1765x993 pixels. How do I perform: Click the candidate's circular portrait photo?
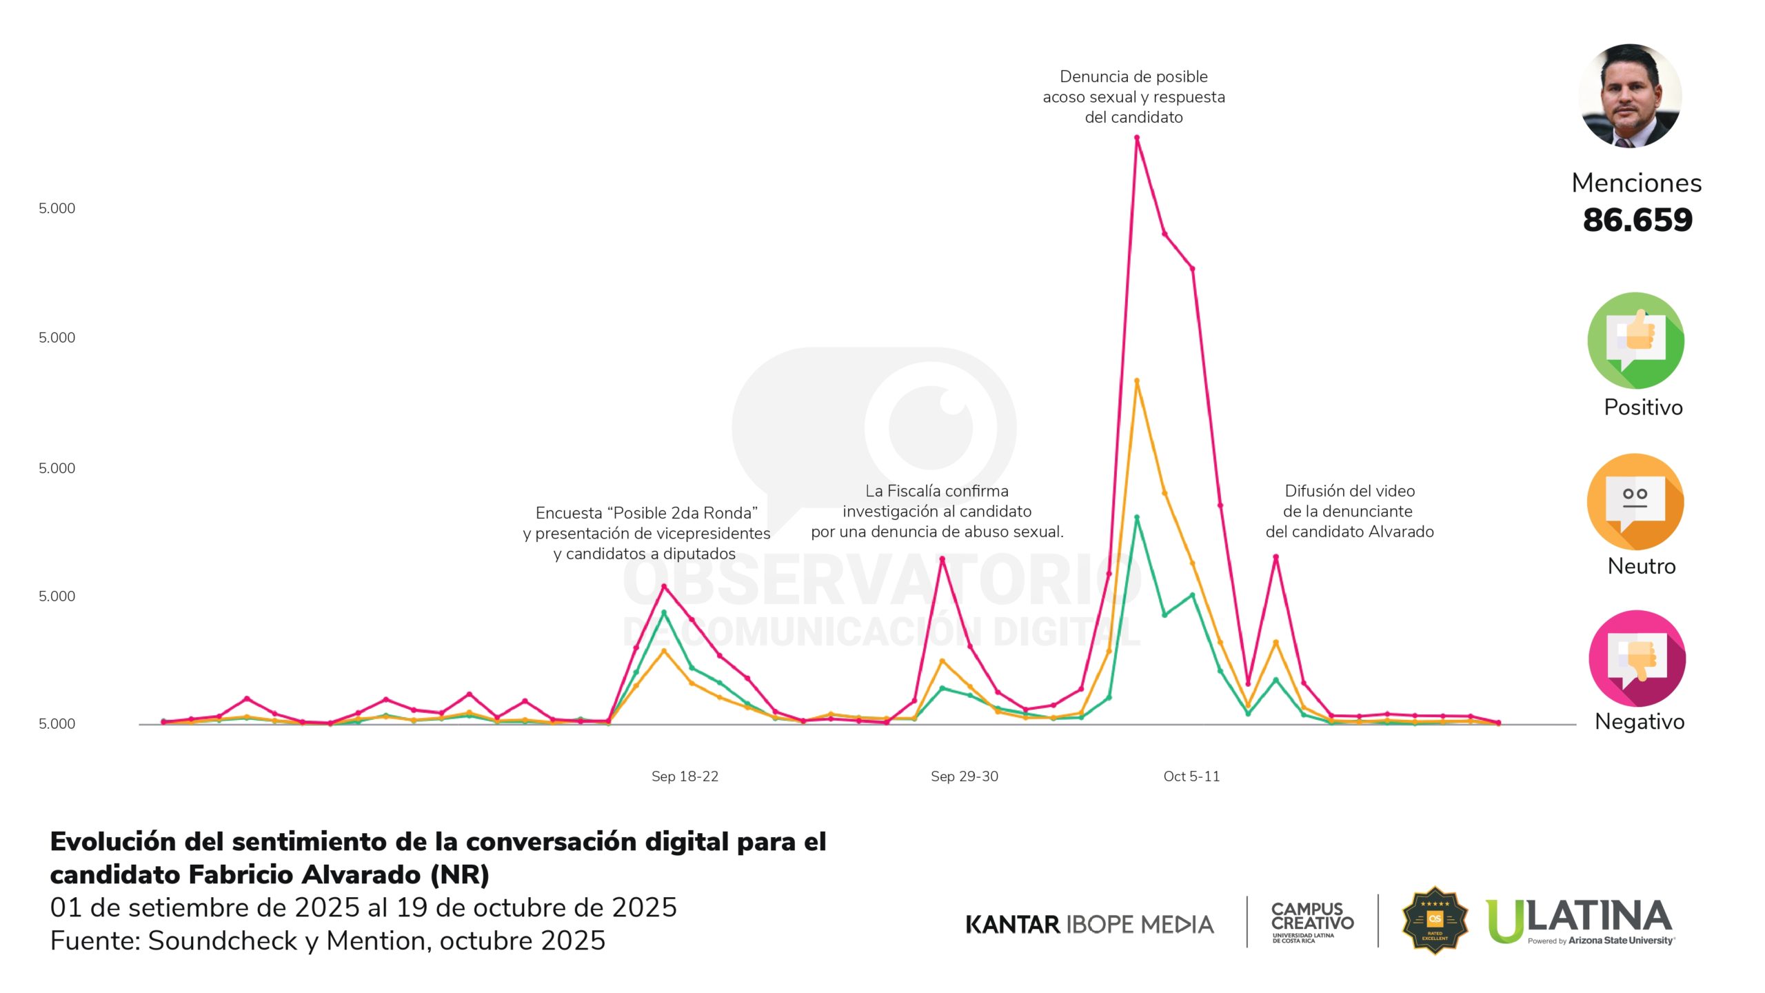coord(1630,96)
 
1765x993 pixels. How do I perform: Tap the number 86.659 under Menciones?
coord(1637,220)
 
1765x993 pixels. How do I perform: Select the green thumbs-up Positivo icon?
coord(1635,341)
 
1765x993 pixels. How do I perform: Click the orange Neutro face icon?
coord(1635,501)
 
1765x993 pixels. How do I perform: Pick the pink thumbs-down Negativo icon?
coord(1637,659)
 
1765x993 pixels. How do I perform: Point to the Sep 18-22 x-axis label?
coord(685,776)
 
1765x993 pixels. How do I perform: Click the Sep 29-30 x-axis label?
coord(964,776)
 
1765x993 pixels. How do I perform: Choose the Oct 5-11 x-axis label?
coord(1191,776)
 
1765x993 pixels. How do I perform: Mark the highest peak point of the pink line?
coord(1137,138)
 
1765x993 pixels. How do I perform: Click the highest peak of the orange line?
coord(1137,381)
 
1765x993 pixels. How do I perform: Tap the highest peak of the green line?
coord(1137,517)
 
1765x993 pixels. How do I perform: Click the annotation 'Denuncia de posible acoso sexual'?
coord(1133,97)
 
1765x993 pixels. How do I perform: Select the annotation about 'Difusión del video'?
coord(1349,511)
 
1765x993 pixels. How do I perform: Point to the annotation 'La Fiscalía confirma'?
coord(937,511)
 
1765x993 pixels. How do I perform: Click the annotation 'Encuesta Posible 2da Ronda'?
coord(646,533)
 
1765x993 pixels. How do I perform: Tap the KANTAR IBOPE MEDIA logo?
coord(1089,924)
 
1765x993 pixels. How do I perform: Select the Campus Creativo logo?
coord(1312,921)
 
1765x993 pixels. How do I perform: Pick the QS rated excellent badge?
coord(1435,921)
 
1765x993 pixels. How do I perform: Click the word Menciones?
coord(1636,183)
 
